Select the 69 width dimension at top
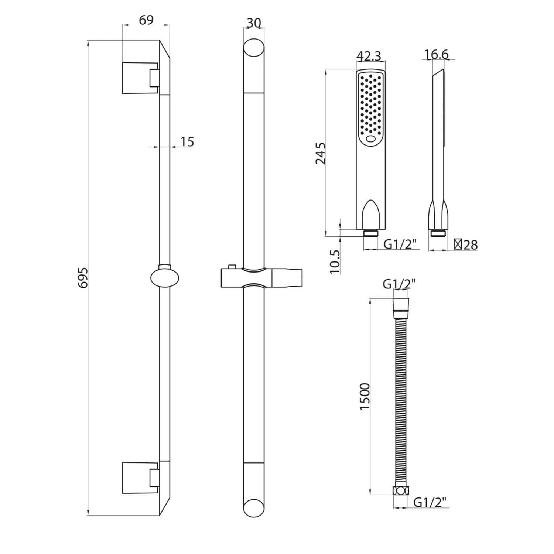[x=146, y=20]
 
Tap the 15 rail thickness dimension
[x=187, y=141]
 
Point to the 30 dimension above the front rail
[x=254, y=23]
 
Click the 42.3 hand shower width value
[x=369, y=56]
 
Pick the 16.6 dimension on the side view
[x=436, y=55]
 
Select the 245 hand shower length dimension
[x=320, y=153]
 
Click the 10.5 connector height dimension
[x=335, y=261]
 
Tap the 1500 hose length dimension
[x=365, y=396]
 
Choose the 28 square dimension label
[x=466, y=244]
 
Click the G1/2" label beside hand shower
[x=400, y=244]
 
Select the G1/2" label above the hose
[x=399, y=284]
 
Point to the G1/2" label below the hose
[x=430, y=502]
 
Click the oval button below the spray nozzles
[x=370, y=140]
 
